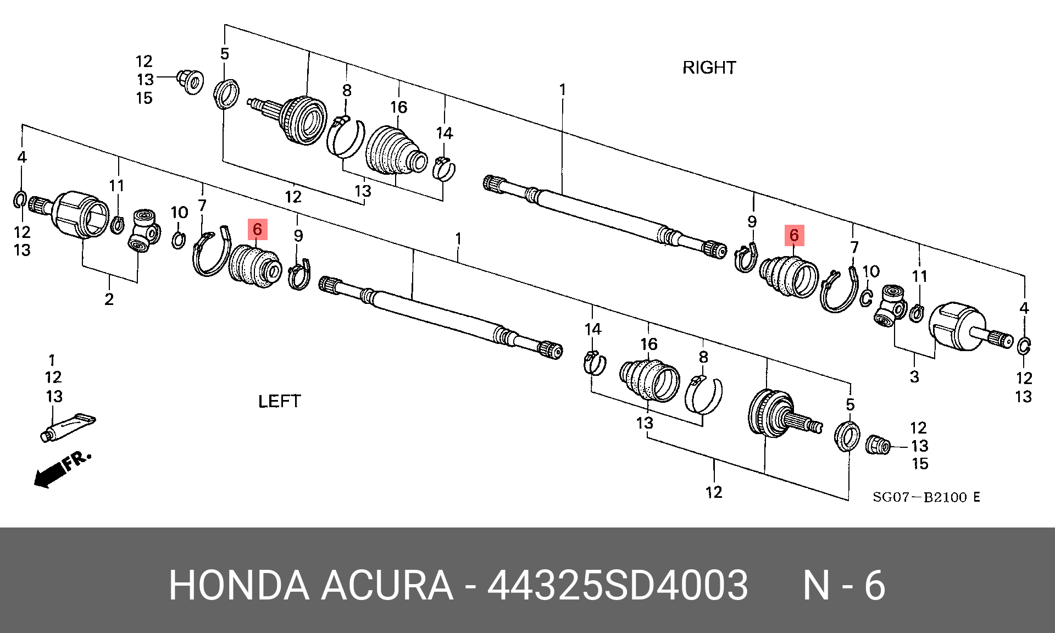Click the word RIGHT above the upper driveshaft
[x=709, y=68]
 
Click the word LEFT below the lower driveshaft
[x=279, y=401]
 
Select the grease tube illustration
[x=68, y=427]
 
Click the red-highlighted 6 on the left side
[x=257, y=229]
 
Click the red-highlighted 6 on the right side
[x=794, y=235]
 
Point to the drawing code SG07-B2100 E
[x=926, y=497]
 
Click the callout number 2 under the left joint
[x=109, y=299]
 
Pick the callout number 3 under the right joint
[x=914, y=377]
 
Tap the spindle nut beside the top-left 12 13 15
[x=191, y=81]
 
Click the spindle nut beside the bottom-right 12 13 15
[x=878, y=445]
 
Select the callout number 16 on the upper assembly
[x=399, y=107]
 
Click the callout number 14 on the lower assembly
[x=592, y=330]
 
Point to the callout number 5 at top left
[x=225, y=54]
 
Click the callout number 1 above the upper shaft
[x=562, y=90]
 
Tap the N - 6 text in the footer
[x=843, y=585]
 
